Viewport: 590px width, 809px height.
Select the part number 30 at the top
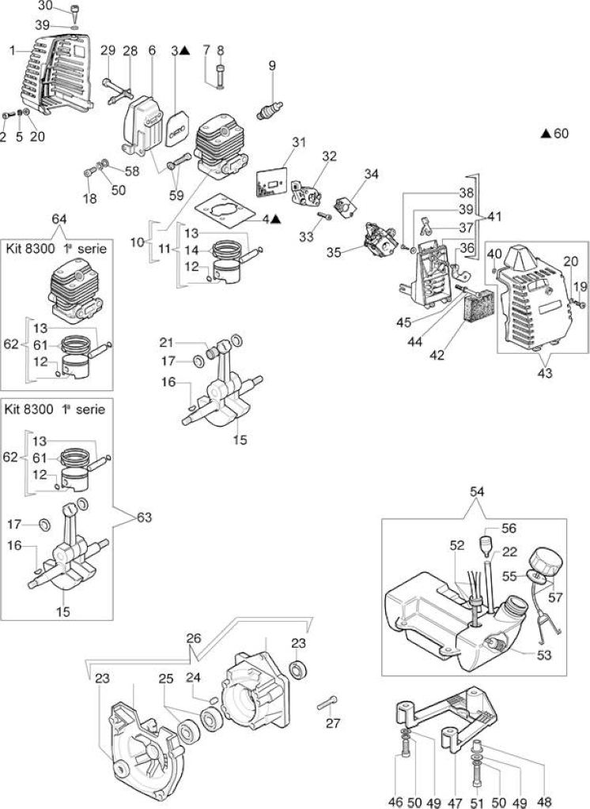coord(45,6)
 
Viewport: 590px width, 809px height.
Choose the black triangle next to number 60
coord(546,134)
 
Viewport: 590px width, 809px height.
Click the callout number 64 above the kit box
coord(59,220)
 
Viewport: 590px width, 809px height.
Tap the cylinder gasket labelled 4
coord(225,211)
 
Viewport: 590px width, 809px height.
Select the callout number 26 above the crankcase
coord(193,638)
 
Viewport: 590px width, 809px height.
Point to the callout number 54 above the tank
coord(477,492)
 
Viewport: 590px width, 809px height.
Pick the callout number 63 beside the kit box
coord(144,517)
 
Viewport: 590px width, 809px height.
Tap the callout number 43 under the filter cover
coord(545,373)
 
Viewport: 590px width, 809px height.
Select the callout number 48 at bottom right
coord(544,802)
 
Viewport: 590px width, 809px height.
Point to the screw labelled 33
coord(325,216)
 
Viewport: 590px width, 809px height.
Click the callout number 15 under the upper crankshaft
coord(240,439)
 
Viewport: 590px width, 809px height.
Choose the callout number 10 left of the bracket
coord(137,242)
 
